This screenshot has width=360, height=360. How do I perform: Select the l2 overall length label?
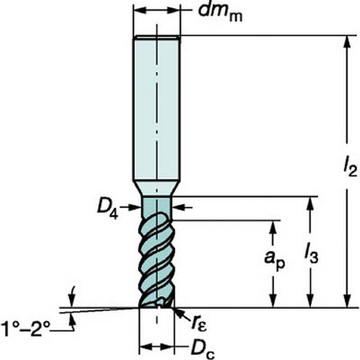(350, 166)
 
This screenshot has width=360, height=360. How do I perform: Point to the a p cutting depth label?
(275, 260)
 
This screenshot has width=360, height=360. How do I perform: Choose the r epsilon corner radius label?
(199, 323)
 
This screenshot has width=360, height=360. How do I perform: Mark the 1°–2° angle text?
(25, 329)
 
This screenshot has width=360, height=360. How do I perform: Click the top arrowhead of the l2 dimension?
(347, 41)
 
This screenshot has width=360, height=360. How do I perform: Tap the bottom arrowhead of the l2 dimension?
(347, 301)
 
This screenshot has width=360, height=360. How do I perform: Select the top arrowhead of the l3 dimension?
(310, 203)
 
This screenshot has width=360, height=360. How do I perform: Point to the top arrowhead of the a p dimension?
(273, 226)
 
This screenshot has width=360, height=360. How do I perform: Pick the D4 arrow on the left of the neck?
(130, 208)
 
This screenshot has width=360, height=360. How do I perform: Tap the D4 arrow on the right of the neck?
(182, 208)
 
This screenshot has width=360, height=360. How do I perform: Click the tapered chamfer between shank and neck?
(157, 188)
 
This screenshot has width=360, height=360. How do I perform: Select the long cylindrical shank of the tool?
(157, 108)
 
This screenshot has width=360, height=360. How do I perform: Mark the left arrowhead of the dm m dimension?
(139, 10)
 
